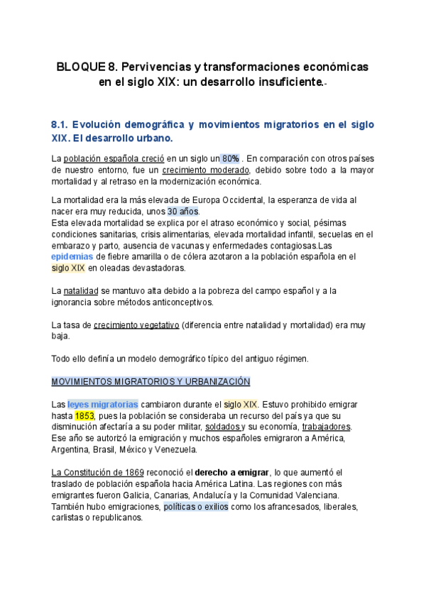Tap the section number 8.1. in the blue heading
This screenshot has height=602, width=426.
(61, 124)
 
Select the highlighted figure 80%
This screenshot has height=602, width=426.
(230, 158)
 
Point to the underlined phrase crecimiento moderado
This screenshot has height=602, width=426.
(205, 170)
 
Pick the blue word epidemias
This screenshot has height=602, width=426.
(73, 256)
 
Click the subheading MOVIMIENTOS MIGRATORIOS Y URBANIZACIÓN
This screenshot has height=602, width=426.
(151, 382)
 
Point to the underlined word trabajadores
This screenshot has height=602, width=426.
(326, 427)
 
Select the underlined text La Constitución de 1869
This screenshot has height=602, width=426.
(98, 473)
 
